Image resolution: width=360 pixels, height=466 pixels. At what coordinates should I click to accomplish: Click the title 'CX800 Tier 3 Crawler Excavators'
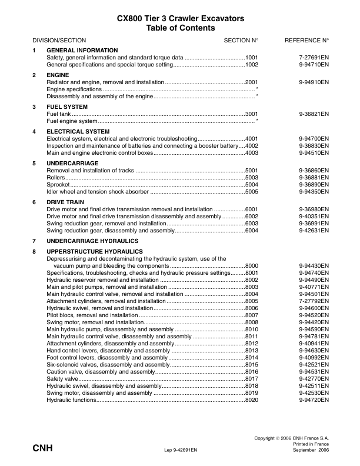point(180,19)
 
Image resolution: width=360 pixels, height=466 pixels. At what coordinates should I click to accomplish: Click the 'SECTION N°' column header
point(241,40)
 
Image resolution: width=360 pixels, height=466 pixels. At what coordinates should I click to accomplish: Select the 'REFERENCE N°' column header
point(306,40)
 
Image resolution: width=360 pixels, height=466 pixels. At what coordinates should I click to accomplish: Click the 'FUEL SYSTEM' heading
point(68,106)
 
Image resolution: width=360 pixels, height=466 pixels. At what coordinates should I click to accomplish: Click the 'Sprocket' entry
point(58,184)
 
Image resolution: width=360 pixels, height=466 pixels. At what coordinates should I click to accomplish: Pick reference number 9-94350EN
point(314,191)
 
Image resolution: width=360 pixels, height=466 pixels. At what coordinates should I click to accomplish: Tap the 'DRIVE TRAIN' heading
point(66,202)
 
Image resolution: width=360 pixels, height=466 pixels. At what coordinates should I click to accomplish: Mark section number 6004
point(252,231)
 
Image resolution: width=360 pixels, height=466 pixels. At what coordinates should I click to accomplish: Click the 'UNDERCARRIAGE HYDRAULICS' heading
point(92,241)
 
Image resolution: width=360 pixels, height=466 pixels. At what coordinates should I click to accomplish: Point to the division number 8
point(34,251)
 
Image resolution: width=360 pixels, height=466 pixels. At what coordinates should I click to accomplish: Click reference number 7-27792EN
point(314,301)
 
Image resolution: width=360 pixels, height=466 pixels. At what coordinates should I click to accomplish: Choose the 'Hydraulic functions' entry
point(71,400)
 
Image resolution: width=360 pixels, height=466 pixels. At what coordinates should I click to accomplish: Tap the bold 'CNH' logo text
point(43,448)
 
